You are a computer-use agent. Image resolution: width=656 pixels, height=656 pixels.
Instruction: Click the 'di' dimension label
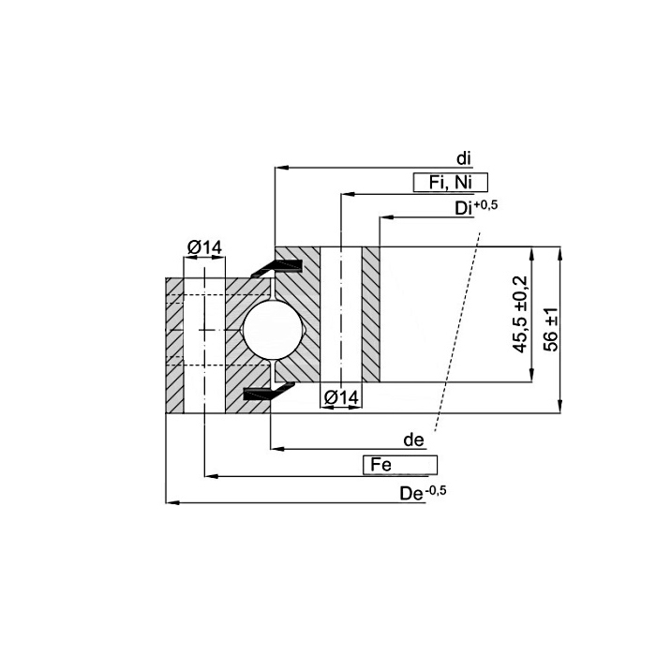click(x=464, y=158)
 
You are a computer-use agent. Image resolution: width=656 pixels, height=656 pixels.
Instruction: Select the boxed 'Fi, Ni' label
click(x=451, y=183)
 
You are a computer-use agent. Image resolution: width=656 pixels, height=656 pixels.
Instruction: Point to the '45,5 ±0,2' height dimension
click(x=521, y=314)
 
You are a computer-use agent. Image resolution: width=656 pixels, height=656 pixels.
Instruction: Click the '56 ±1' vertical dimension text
click(x=552, y=329)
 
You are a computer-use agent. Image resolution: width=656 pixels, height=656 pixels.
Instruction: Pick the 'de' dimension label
click(x=413, y=440)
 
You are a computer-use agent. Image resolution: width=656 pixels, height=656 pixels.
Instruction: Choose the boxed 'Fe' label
click(x=400, y=465)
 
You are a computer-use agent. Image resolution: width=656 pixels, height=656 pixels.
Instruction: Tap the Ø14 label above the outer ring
click(x=204, y=247)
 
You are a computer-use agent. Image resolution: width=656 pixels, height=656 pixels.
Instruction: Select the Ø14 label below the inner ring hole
click(x=341, y=397)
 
